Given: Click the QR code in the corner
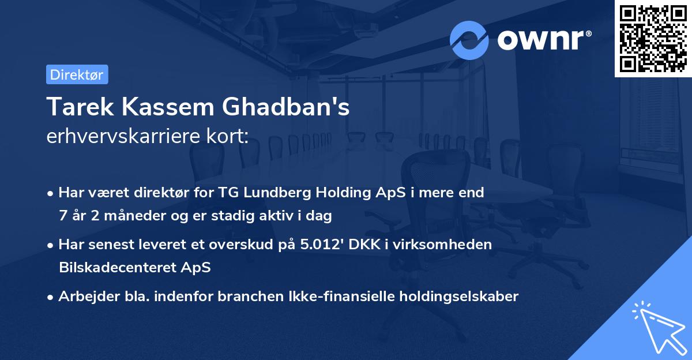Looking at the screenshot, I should pyautogui.click(x=653, y=39).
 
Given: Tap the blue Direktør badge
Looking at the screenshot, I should pyautogui.click(x=77, y=74).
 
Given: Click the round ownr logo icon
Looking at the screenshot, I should pyautogui.click(x=469, y=40).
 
